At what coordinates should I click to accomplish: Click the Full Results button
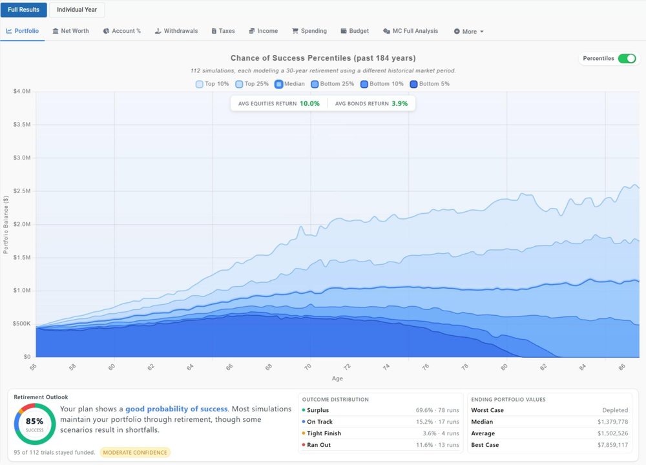[23, 10]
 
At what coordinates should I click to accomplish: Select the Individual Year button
[77, 10]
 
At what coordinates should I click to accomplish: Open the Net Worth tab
[71, 31]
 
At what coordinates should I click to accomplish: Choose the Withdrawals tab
[176, 31]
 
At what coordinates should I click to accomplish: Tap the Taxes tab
[224, 31]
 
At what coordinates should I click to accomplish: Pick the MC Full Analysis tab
[411, 31]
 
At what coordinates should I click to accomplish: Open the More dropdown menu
[469, 32]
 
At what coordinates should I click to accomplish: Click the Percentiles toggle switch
[627, 59]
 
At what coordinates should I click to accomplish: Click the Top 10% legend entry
[213, 84]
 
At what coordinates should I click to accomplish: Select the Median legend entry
[289, 84]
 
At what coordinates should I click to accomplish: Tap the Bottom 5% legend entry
[430, 84]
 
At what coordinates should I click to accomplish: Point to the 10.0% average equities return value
[309, 103]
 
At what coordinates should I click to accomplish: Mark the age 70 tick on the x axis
[311, 366]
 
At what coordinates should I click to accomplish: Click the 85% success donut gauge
[34, 424]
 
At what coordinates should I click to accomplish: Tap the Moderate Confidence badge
[136, 453]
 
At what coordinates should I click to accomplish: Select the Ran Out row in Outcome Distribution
[380, 445]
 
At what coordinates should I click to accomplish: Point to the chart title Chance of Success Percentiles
[323, 58]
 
